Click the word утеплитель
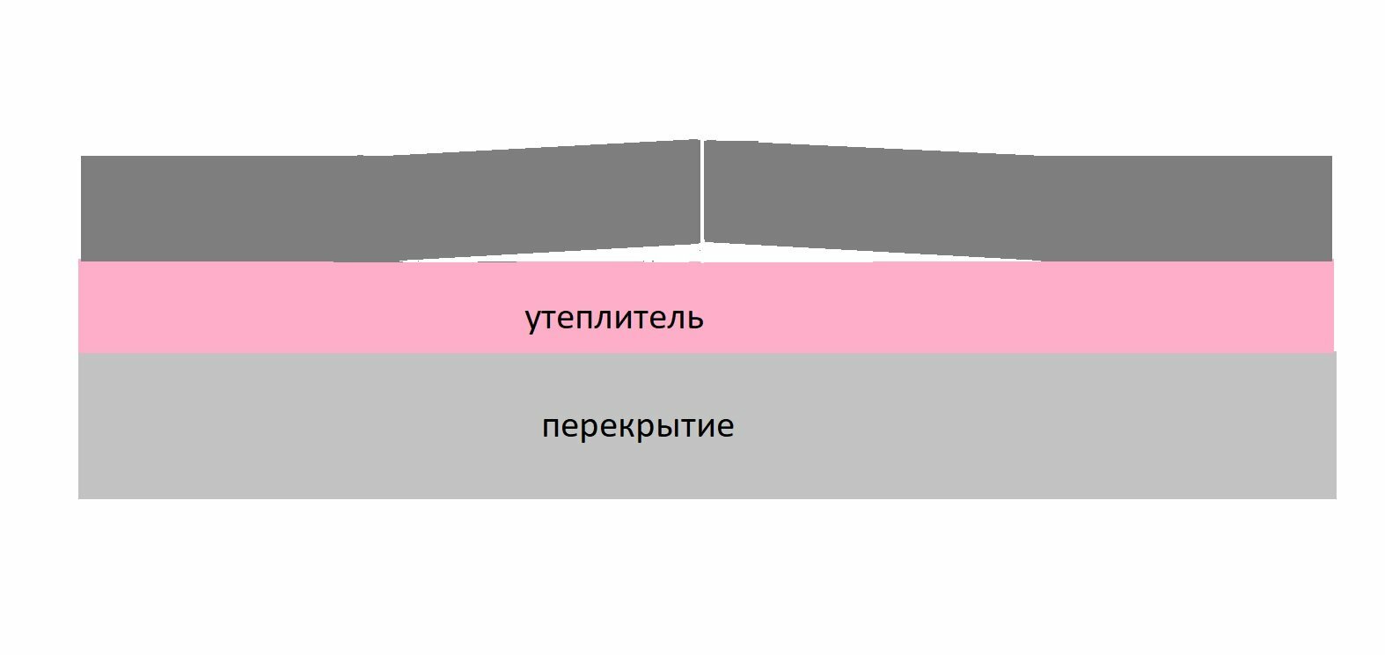coord(614,319)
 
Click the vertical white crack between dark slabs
coord(702,192)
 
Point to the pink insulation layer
coord(706,306)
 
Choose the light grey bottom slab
coord(707,425)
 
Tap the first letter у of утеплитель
coord(532,321)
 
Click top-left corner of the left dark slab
coord(81,156)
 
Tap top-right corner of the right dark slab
coord(1332,156)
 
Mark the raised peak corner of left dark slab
coord(700,140)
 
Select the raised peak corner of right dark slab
coord(706,140)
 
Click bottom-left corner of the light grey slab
coord(78,498)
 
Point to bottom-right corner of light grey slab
coord(1336,498)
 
